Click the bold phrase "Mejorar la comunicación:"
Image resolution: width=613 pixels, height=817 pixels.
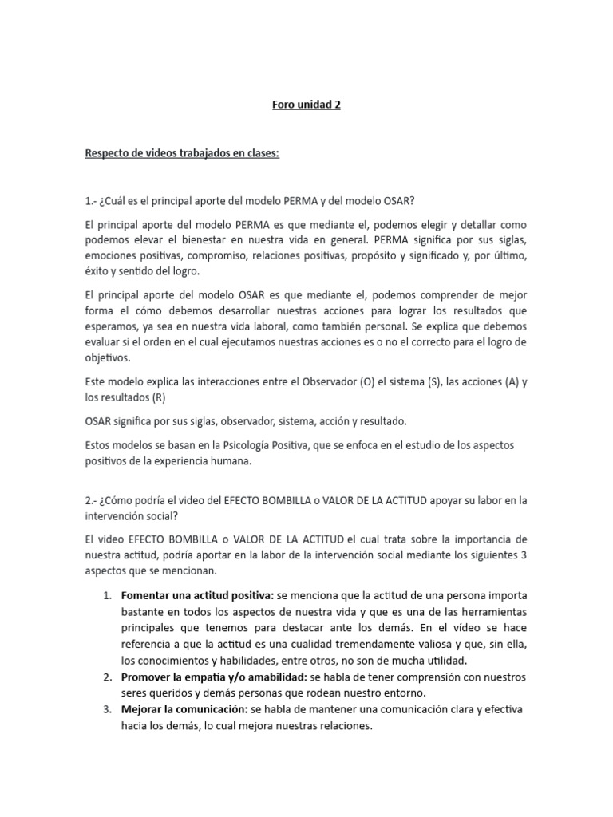click(x=184, y=709)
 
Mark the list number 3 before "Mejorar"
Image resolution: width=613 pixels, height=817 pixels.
click(x=108, y=709)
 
